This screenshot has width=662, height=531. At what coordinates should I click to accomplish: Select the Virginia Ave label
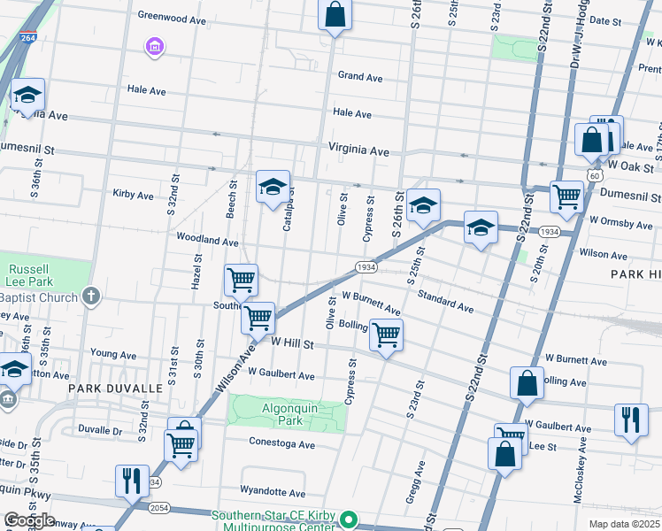click(358, 151)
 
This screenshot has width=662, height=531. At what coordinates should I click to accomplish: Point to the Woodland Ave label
click(207, 240)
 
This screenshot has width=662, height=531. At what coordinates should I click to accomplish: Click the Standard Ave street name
click(445, 301)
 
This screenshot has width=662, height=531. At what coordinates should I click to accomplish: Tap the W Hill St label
click(293, 342)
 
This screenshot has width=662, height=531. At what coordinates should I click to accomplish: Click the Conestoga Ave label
click(281, 444)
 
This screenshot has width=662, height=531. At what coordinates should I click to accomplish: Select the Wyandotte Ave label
click(273, 492)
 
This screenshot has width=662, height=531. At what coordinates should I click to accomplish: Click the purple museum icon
click(155, 47)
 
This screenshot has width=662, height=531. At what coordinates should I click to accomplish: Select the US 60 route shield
click(589, 174)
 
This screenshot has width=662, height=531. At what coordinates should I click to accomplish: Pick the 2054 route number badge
click(160, 507)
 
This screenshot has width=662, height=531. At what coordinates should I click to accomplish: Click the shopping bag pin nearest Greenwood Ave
click(335, 15)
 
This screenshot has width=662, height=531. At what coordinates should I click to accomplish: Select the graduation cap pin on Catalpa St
click(273, 187)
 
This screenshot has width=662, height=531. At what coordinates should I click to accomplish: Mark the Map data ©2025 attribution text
click(623, 524)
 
